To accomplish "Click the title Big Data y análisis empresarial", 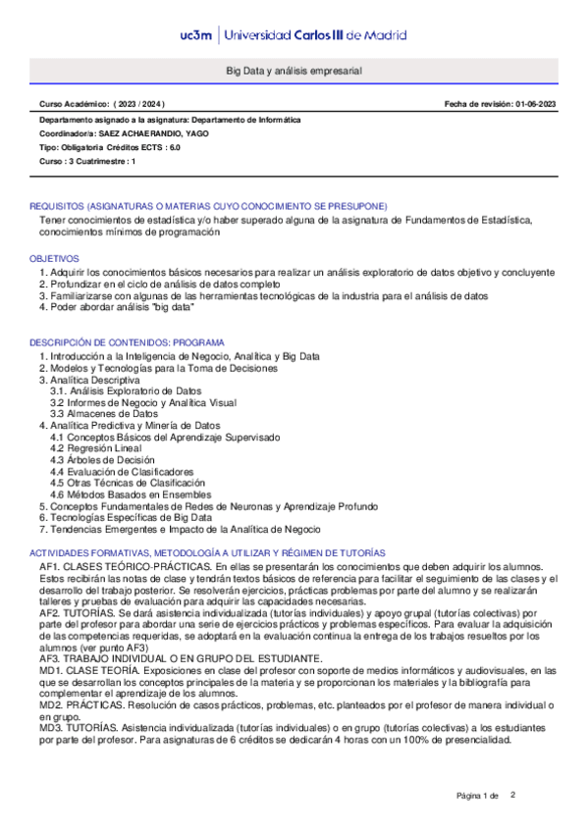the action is click(x=294, y=72).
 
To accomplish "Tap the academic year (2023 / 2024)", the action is click(x=140, y=103).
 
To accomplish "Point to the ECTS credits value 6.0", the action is click(x=174, y=146).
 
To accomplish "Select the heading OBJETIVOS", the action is click(x=54, y=257).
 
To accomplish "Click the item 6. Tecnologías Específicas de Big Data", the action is click(x=126, y=517).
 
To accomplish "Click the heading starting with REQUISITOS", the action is click(x=208, y=206).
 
